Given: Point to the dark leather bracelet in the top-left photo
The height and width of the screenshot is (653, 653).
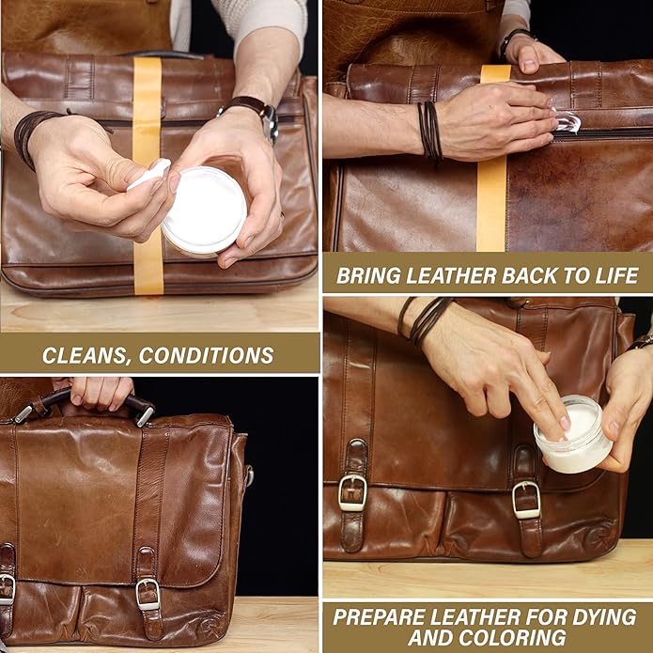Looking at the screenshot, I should click(28, 136).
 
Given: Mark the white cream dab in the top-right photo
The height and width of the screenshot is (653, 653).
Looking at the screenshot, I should click(567, 123).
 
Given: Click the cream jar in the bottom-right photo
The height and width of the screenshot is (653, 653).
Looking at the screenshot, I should click(572, 435).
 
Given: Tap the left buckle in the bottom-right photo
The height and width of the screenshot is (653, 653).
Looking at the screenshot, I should click(352, 492).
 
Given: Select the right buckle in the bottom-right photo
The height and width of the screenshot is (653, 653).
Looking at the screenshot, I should click(526, 497).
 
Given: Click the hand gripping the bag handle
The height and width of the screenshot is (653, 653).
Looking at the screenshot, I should click(99, 391).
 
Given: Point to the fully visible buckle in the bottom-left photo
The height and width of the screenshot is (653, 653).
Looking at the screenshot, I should click(148, 594).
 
